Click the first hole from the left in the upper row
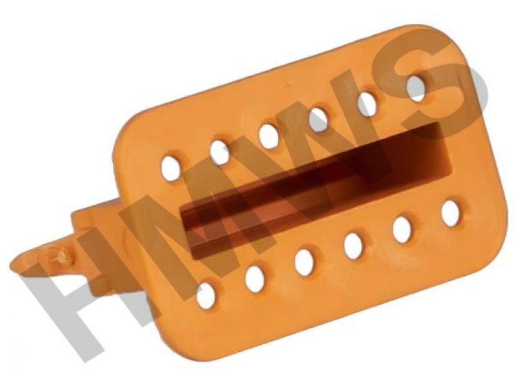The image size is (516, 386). [x=170, y=168]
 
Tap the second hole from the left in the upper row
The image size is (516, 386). [x=220, y=151]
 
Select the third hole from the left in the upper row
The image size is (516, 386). [x=269, y=135]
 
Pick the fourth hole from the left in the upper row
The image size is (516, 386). [x=318, y=120]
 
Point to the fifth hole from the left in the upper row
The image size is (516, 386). [x=368, y=103]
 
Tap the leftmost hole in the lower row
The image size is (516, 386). [x=206, y=296]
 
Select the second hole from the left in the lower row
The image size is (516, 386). [x=255, y=278]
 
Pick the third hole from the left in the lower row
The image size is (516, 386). [x=304, y=262]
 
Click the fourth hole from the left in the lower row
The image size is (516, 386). [x=353, y=246]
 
